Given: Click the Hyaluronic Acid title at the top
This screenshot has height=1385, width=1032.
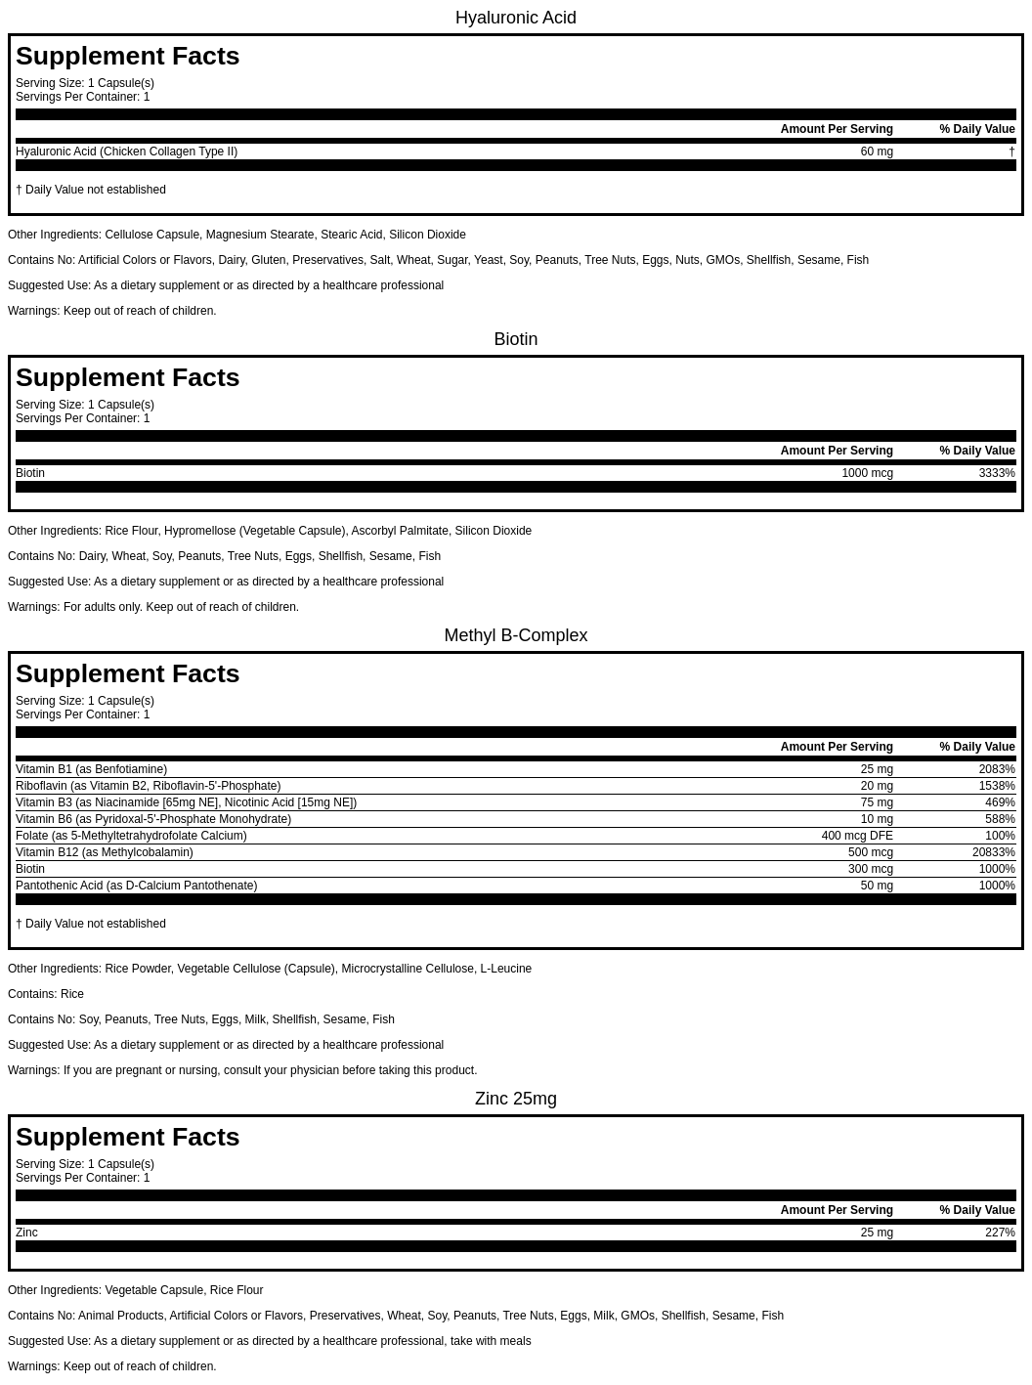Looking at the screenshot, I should click(x=515, y=18).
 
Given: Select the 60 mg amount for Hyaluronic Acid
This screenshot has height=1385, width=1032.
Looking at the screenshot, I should click(x=876, y=151).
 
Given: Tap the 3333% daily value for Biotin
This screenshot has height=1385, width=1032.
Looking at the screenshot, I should click(x=996, y=473).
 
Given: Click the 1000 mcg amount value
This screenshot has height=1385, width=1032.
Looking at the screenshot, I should click(x=867, y=473).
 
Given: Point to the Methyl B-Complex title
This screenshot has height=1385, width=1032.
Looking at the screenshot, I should click(x=515, y=635).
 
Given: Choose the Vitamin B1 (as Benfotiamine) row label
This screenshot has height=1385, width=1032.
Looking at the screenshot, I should click(x=91, y=769).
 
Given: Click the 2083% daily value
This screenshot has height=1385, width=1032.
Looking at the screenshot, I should click(x=996, y=769).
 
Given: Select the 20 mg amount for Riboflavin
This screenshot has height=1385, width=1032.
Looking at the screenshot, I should click(x=876, y=786).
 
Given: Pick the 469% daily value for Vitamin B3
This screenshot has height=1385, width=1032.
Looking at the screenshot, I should click(x=1000, y=802).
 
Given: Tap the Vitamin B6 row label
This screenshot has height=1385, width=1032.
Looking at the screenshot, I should click(x=153, y=819).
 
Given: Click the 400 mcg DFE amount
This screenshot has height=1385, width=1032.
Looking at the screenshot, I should click(x=857, y=836).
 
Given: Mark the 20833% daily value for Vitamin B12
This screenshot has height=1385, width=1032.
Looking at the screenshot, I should click(x=993, y=852).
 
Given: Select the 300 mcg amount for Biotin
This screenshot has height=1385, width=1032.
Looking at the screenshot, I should click(x=870, y=869).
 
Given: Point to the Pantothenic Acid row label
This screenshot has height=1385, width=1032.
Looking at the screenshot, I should click(x=136, y=886).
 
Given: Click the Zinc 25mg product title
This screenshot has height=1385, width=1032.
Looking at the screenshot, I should click(x=515, y=1099).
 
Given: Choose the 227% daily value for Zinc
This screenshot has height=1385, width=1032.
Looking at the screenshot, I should click(x=1000, y=1233).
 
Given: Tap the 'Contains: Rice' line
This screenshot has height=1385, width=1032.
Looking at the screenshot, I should click(x=46, y=994).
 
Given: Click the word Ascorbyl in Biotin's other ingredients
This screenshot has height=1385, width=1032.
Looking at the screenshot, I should click(x=373, y=531).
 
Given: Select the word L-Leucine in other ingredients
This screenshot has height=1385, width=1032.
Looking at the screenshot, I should click(x=505, y=969).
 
